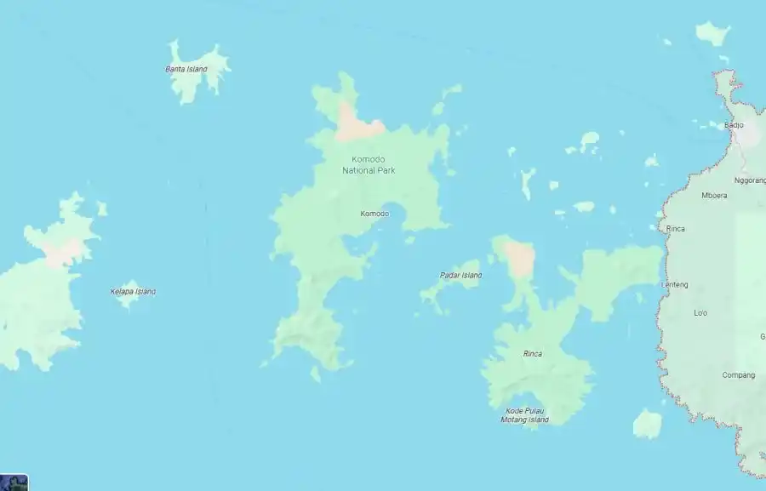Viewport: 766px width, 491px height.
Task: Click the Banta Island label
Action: click(x=186, y=69)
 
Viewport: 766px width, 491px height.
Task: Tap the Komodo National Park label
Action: click(x=369, y=165)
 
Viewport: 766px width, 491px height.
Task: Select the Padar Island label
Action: click(x=460, y=275)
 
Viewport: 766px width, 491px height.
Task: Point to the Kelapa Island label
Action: click(x=133, y=291)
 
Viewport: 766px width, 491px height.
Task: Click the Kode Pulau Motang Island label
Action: click(x=524, y=415)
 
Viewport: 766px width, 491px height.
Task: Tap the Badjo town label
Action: click(x=734, y=125)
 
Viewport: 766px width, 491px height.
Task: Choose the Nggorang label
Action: click(x=749, y=180)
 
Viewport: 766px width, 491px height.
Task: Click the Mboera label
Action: click(x=714, y=195)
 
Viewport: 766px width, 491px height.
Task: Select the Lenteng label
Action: click(x=675, y=284)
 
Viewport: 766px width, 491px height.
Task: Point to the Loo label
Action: click(x=700, y=313)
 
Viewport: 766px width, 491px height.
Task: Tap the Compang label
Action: click(x=738, y=375)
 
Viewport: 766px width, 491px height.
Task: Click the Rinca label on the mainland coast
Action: click(x=675, y=229)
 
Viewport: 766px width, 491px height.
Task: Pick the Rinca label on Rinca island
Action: click(x=532, y=353)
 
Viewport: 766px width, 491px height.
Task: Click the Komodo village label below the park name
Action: click(x=374, y=214)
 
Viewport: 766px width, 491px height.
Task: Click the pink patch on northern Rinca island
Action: click(x=518, y=258)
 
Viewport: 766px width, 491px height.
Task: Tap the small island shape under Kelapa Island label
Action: click(x=128, y=300)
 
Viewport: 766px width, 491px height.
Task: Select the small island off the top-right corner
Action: click(x=712, y=33)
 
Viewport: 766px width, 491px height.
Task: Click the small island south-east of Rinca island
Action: click(x=647, y=423)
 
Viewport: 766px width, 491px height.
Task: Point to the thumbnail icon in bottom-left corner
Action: click(x=14, y=482)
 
